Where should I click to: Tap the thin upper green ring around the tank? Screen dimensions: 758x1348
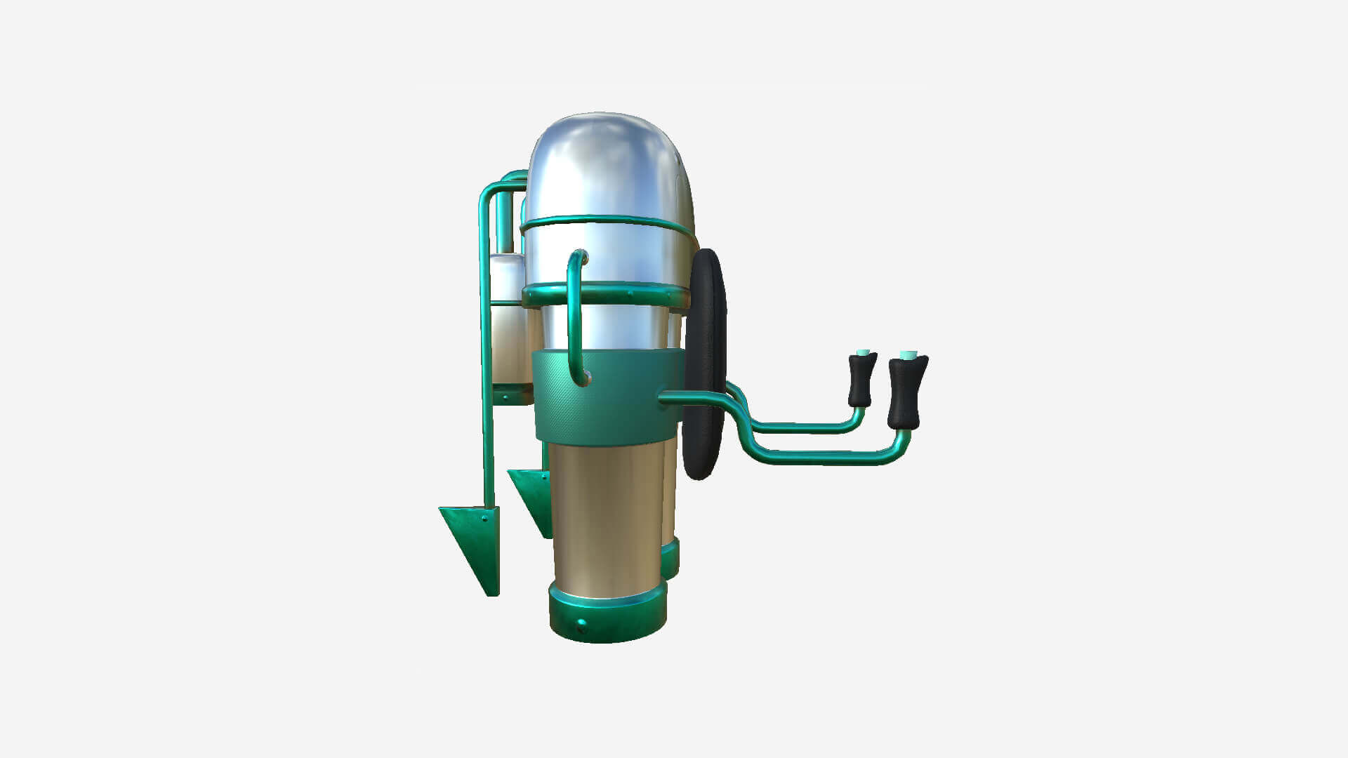point(604,222)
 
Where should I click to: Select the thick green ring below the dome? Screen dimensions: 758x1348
point(618,294)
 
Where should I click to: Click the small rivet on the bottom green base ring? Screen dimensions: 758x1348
point(581,623)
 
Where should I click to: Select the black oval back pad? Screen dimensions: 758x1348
point(704,365)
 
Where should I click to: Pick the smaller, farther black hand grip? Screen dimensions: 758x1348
point(862,380)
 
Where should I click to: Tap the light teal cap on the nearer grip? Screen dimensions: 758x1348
point(908,354)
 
